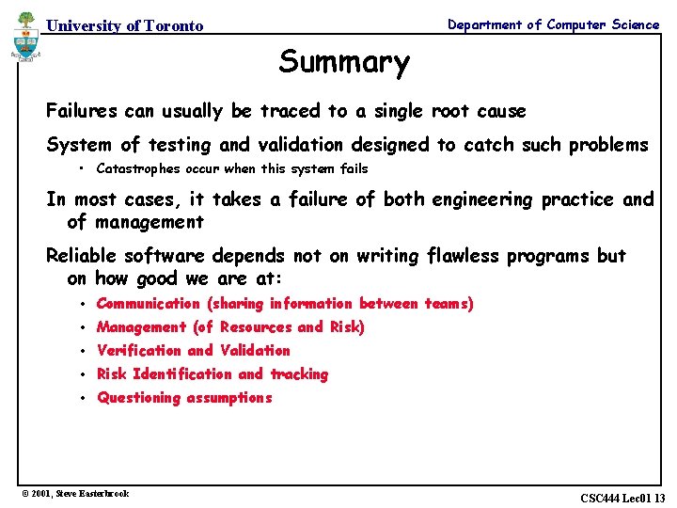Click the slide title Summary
coord(344,62)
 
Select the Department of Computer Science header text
coord(553,25)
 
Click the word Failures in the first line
coord(82,111)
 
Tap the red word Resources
coord(256,327)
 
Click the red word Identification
coord(183,374)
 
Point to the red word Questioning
coord(138,398)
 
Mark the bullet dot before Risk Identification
coord(84,374)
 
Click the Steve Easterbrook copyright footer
coord(75,493)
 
